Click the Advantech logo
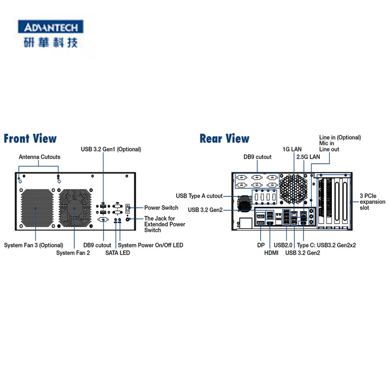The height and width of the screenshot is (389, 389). click(x=51, y=34)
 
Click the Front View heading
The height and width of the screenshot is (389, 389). click(x=30, y=139)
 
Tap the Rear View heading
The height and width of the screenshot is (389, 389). click(x=224, y=139)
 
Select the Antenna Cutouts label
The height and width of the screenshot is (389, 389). click(x=39, y=157)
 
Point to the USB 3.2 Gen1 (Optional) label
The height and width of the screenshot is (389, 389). click(x=111, y=150)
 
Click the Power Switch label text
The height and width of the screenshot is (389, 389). click(x=161, y=207)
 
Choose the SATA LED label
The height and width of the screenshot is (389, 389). click(x=118, y=253)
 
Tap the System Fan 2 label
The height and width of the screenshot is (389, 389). click(x=73, y=253)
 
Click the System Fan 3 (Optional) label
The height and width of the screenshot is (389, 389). click(x=34, y=245)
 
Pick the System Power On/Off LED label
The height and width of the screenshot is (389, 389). click(x=151, y=245)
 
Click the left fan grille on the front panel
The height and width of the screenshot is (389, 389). click(x=37, y=208)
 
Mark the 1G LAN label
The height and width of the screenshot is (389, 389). click(x=292, y=149)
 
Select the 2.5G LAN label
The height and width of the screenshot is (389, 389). click(x=308, y=157)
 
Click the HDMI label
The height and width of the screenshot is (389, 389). click(x=271, y=253)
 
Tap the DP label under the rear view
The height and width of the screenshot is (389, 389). click(x=261, y=245)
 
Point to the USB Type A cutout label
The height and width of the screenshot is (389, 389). click(x=199, y=196)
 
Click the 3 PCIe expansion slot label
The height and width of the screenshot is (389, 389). click(x=372, y=202)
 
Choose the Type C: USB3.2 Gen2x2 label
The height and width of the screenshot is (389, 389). click(x=326, y=245)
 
